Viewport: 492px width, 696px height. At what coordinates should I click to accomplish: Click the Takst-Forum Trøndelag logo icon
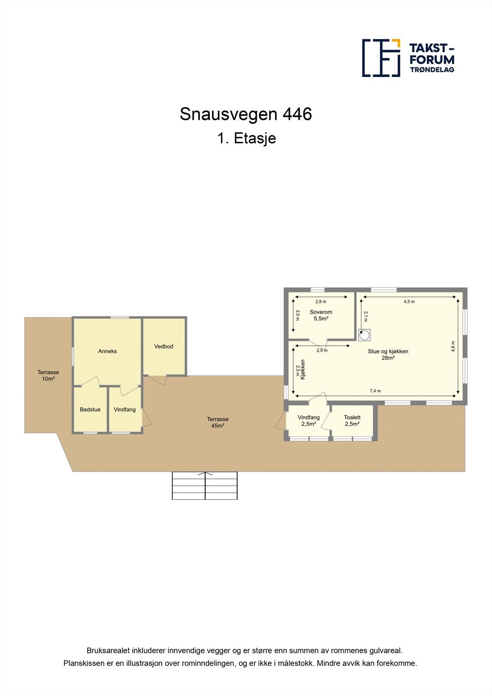(x=381, y=58)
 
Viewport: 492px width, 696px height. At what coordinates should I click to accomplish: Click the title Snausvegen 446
(x=246, y=114)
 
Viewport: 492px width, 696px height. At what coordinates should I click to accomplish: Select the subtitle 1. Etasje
(x=247, y=138)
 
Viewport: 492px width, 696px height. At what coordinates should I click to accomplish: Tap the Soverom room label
(x=321, y=315)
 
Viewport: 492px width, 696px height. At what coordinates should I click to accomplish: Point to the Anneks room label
(x=107, y=351)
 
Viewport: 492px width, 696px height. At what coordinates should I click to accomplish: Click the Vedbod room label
(x=164, y=346)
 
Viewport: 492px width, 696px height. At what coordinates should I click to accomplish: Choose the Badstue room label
(x=90, y=409)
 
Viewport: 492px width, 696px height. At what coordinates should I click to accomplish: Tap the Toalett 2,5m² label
(x=352, y=421)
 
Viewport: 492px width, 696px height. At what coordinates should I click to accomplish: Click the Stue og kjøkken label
(x=388, y=355)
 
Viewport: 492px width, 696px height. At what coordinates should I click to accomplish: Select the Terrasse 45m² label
(x=218, y=422)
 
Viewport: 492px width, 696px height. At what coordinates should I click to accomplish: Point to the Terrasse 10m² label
(x=48, y=375)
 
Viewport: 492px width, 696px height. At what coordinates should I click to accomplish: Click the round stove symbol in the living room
(x=365, y=335)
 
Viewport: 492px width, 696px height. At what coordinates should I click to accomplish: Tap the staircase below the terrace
(x=205, y=485)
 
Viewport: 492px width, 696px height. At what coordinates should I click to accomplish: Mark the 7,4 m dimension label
(x=375, y=391)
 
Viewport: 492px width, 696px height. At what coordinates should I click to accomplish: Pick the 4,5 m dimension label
(x=409, y=301)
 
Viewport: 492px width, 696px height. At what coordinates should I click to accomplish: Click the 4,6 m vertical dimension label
(x=453, y=346)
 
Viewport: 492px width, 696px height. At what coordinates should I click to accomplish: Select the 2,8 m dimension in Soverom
(x=321, y=301)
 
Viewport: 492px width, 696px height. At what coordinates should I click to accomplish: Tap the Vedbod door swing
(x=158, y=380)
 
